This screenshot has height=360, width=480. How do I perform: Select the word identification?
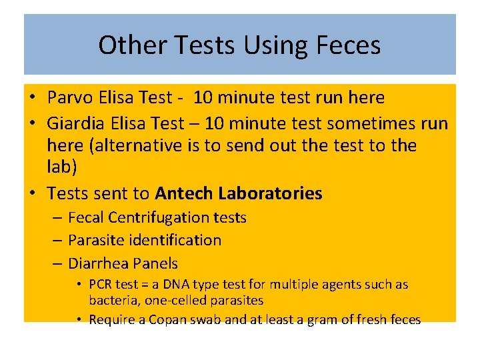pos(174,240)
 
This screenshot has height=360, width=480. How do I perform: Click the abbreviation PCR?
pos(101,285)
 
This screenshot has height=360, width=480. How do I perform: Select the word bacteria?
pos(112,301)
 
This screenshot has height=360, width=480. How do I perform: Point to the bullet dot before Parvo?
pos(32,98)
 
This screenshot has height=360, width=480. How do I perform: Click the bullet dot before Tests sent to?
pos(32,194)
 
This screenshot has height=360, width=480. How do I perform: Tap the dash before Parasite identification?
pos(57,240)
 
